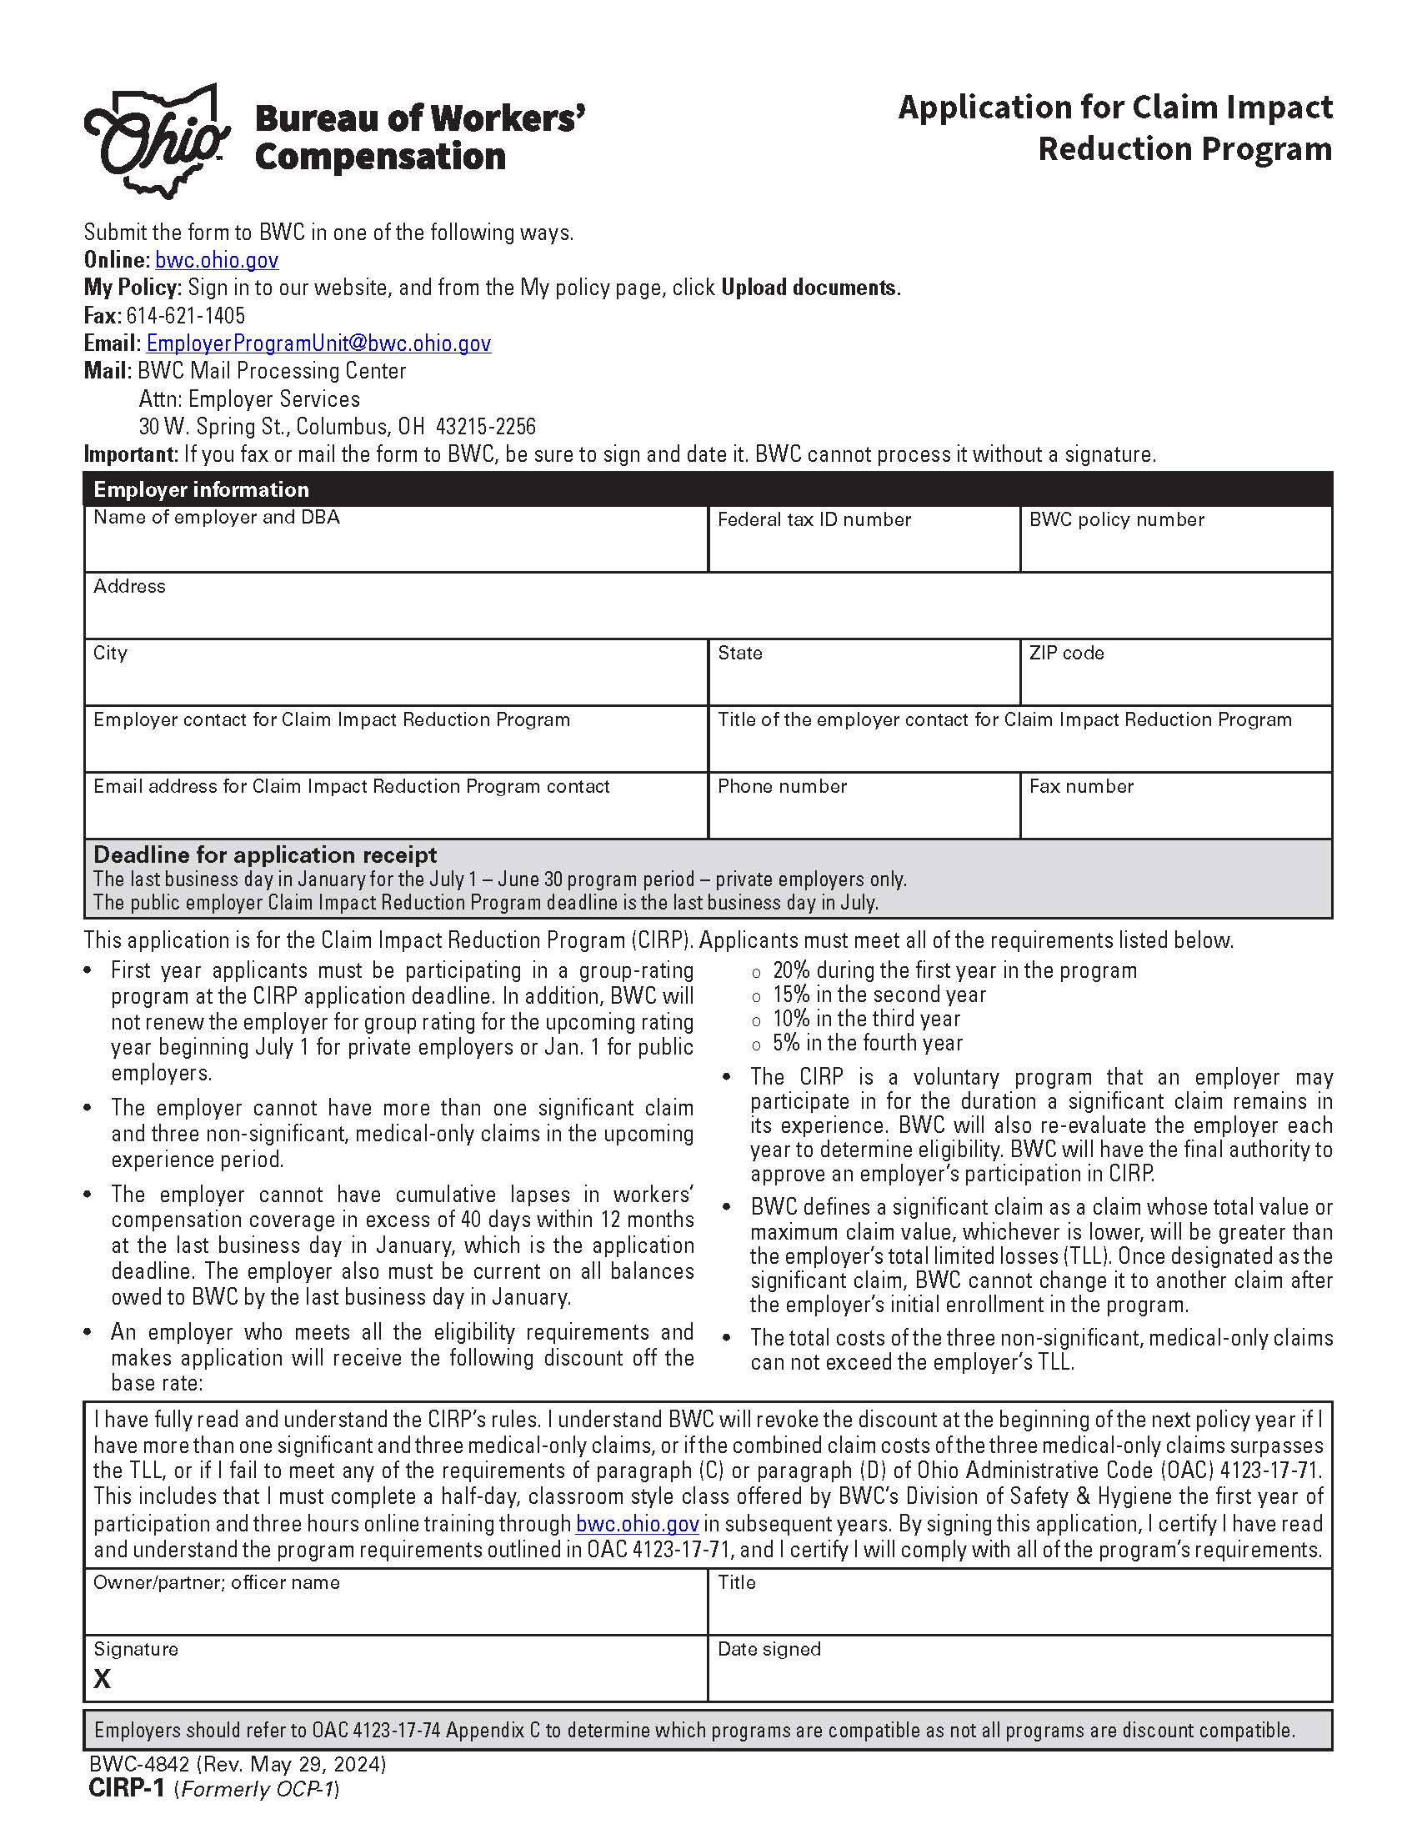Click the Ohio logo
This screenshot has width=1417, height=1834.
coord(157,140)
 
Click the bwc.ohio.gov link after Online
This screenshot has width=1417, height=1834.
coord(217,260)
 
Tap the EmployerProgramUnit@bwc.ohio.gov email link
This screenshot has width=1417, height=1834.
coord(318,343)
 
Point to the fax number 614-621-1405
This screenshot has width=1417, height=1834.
coord(186,316)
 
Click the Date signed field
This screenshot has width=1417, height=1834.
coord(1019,1683)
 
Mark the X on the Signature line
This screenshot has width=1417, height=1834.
coord(103,1679)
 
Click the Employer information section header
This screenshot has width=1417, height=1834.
coord(202,489)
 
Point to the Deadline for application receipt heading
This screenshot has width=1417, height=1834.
coord(265,854)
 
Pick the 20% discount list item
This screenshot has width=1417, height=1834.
coord(954,970)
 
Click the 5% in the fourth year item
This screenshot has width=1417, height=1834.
coord(867,1043)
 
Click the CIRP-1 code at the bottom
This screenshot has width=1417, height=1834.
coord(128,1789)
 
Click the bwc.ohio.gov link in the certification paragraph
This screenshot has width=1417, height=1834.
coord(637,1524)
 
